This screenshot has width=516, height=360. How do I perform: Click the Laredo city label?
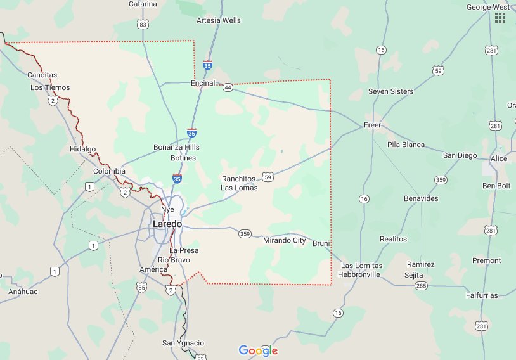167,224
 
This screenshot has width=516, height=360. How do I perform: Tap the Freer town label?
372,125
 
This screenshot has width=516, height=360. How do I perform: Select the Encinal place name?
203,82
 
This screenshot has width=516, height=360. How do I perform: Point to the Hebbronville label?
360,274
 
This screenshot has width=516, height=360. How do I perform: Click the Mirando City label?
284,241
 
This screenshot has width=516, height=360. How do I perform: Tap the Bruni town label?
322,243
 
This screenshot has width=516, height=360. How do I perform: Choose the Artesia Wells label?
219,20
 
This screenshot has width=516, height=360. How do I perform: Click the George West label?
488,7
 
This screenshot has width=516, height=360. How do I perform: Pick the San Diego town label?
460,155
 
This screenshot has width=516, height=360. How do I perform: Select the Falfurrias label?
480,295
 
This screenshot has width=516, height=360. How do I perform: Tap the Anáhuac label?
22,292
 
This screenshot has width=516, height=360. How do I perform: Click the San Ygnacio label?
183,343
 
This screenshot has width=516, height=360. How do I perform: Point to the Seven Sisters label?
390,91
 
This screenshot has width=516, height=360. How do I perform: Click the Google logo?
258,350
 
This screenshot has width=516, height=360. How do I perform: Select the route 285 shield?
421,286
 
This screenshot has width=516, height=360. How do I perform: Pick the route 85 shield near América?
140,287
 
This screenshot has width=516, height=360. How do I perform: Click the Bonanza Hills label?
176,147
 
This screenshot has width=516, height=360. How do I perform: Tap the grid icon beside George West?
500,17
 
